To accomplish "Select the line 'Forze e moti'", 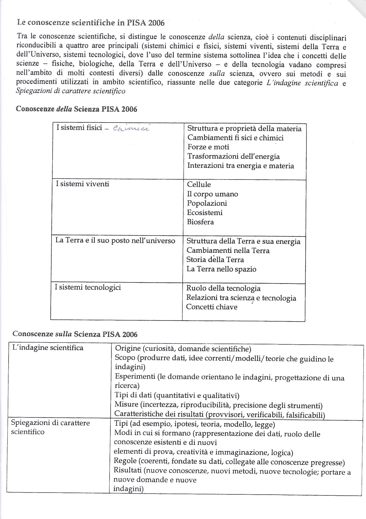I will coord(208,147).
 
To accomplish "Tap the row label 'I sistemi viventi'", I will coord(82,184).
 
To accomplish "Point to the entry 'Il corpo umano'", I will coord(212,194).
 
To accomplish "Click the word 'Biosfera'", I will coord(200,222).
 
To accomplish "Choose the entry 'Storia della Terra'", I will coord(215,260).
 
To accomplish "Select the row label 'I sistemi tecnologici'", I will coord(88,288).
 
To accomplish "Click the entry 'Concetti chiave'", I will coord(212,307).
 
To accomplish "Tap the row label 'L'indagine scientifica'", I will coord(48,348).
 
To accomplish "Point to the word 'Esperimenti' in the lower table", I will coord(135,376).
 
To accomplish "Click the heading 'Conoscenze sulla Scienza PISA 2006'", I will coord(75,334).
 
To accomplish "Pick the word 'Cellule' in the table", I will coord(199,185).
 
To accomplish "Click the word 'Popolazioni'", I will coord(207,203).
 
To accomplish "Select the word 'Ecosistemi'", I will coord(205,213).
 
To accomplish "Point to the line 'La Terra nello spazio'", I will coord(221,269).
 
